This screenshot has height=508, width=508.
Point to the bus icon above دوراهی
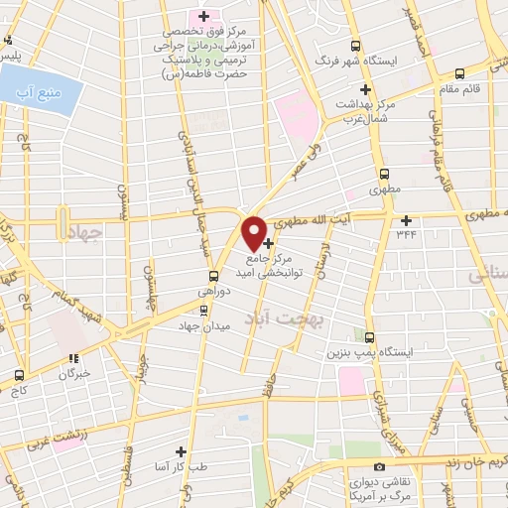[213, 277]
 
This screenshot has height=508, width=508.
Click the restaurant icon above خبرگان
[72, 359]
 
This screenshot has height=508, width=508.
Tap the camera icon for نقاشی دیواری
[378, 466]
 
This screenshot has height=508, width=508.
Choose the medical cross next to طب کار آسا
[180, 449]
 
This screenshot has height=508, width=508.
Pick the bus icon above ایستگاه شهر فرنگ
[355, 46]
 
